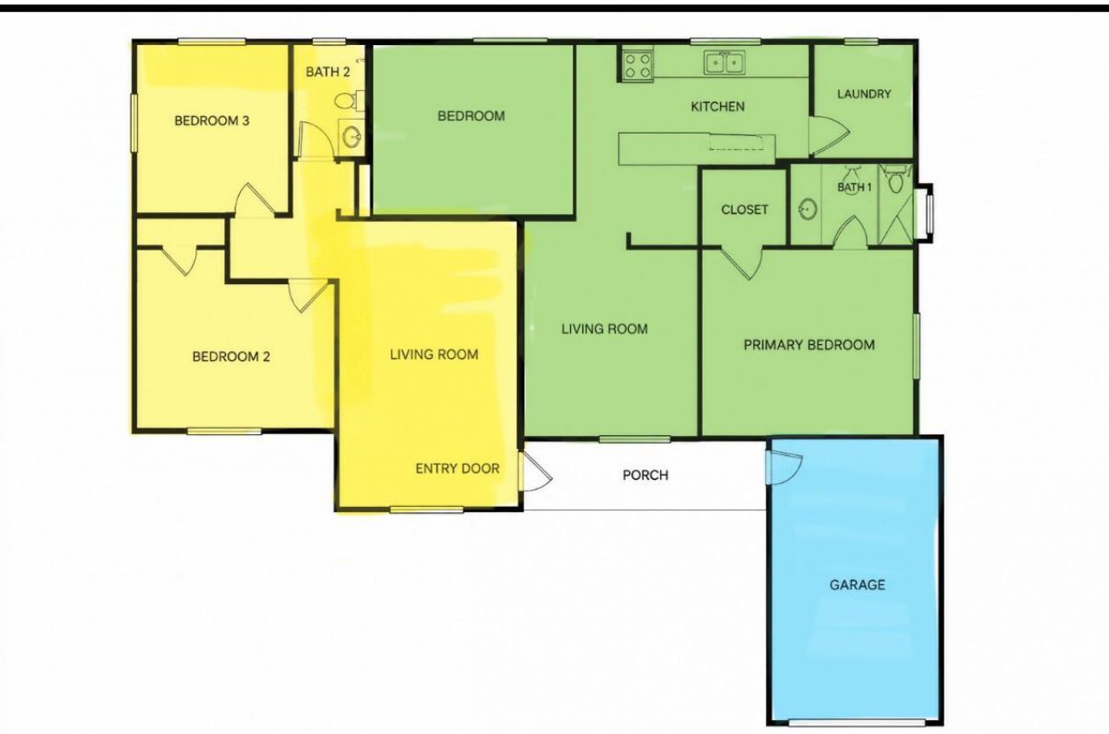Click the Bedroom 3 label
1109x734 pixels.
(212, 120)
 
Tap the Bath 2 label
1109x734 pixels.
(328, 72)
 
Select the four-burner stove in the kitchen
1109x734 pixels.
(638, 65)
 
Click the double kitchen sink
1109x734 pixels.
(724, 63)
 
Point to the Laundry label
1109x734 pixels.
(864, 94)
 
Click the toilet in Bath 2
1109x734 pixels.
(349, 101)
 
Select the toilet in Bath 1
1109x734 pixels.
(896, 179)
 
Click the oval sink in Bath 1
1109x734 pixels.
(807, 209)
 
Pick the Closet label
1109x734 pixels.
(744, 210)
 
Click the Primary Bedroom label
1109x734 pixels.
(809, 345)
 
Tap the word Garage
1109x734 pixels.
(858, 585)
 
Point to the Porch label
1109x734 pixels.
(645, 476)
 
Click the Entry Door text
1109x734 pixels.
(457, 469)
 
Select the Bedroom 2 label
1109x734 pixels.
(231, 356)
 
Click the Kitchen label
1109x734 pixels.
(718, 107)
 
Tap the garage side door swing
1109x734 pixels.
(784, 468)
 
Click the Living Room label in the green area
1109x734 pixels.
(605, 328)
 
